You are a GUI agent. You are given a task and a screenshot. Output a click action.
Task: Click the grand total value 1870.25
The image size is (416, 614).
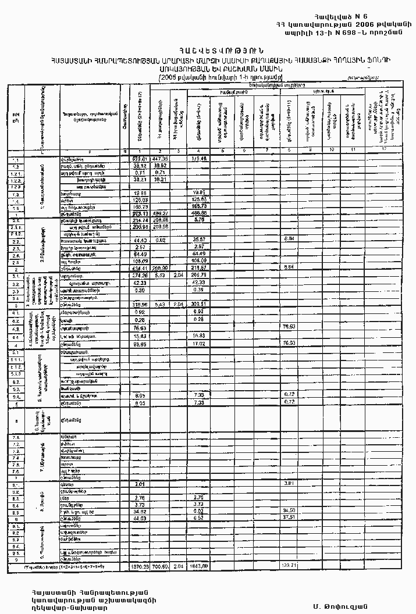(x=140, y=565)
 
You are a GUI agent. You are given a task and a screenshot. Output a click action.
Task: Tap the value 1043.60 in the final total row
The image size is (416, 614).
(x=200, y=565)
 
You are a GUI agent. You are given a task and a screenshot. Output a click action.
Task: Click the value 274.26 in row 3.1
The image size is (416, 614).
(x=140, y=276)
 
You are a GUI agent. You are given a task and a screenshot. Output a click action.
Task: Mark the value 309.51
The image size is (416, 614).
(x=200, y=304)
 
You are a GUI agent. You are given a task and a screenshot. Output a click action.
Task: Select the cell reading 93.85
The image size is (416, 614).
(x=140, y=344)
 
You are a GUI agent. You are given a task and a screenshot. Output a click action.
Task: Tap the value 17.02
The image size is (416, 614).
(x=200, y=344)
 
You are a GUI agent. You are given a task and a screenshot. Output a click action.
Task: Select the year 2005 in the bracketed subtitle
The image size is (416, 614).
(x=170, y=76)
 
